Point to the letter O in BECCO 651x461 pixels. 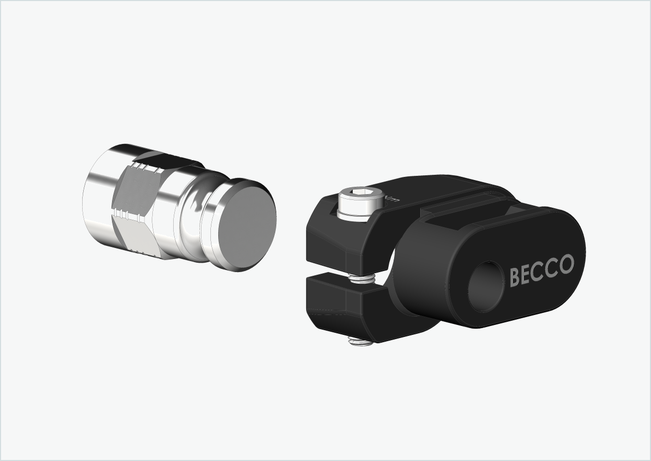566,265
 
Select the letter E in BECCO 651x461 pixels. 526,274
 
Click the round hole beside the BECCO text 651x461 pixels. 485,286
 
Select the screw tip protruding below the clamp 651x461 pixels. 361,342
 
